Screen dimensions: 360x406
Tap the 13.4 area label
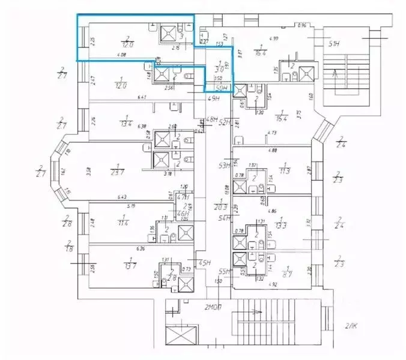click(x=126, y=124)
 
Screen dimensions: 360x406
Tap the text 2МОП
click(x=214, y=307)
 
